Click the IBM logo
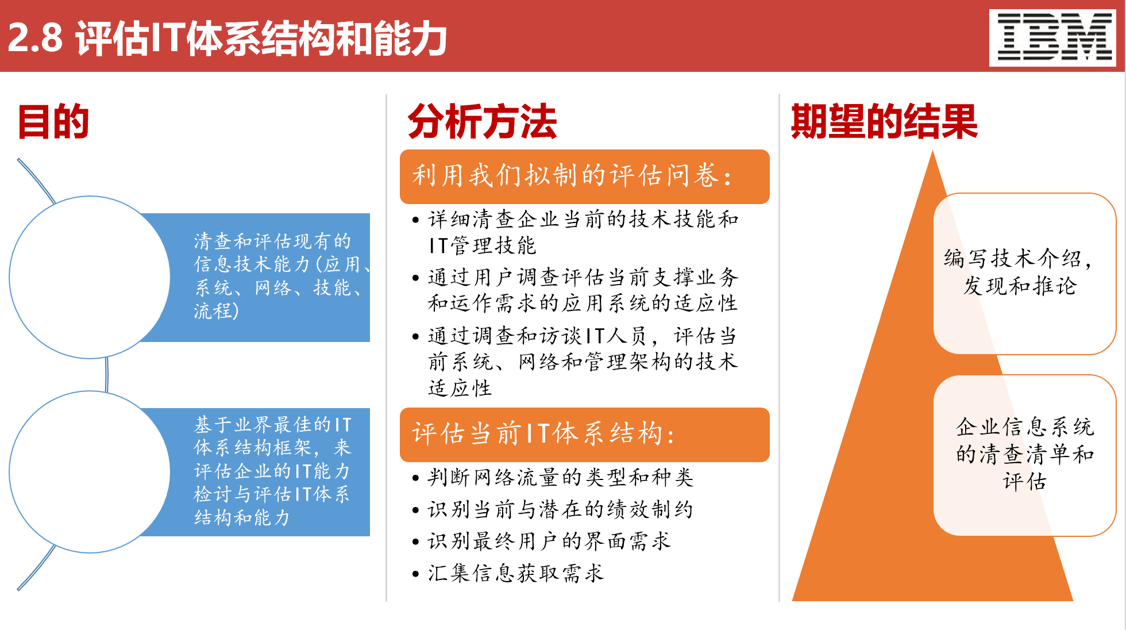1052,37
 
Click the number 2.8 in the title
35,38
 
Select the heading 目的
53,122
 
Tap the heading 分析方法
482,122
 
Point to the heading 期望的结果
884,122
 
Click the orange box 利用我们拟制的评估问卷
584,176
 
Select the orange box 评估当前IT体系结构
584,435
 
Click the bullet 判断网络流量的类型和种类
560,478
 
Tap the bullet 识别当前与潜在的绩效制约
560,510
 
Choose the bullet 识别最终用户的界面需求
549,541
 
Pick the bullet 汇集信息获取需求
515,573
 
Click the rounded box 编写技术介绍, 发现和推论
1024,273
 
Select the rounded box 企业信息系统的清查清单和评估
1024,455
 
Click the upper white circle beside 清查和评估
90,277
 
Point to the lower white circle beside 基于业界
90,472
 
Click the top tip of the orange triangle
932,155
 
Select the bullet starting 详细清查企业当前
583,232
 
